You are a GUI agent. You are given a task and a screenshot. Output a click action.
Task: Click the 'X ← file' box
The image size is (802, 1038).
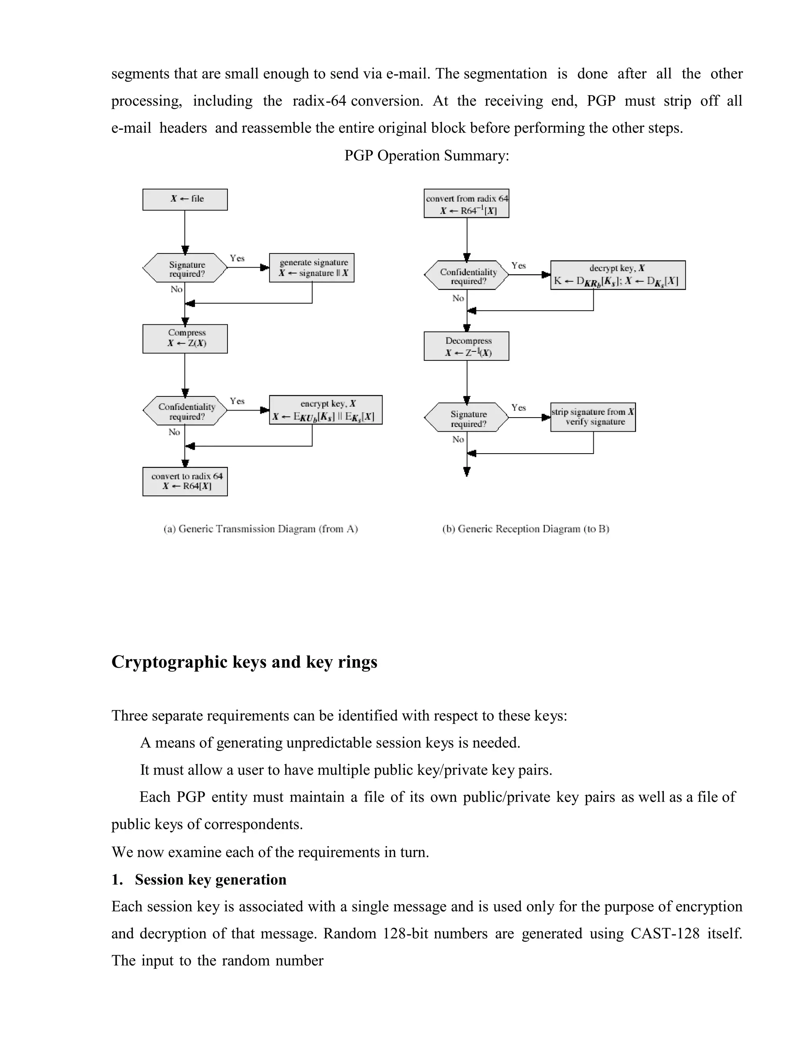[185, 199]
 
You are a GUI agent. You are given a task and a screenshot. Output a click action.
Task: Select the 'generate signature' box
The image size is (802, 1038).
[312, 268]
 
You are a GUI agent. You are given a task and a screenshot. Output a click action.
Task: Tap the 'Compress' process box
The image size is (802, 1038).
[185, 338]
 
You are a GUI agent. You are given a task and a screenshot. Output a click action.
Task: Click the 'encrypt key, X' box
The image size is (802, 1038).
[325, 410]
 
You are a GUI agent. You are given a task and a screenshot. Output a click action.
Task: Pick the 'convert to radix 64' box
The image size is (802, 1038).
[185, 481]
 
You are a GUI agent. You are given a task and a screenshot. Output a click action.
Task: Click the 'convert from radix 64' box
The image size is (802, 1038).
[466, 203]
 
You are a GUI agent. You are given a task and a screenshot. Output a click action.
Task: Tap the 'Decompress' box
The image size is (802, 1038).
[466, 346]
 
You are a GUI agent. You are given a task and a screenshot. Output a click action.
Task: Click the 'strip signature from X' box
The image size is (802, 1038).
[592, 417]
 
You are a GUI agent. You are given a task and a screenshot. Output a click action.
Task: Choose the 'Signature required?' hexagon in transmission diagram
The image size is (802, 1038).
[185, 268]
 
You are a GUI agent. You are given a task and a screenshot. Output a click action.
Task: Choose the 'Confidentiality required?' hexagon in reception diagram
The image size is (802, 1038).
[466, 275]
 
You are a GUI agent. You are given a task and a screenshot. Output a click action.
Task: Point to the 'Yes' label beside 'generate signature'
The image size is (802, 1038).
[237, 258]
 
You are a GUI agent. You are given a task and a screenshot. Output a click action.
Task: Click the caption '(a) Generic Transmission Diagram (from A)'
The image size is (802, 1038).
[260, 528]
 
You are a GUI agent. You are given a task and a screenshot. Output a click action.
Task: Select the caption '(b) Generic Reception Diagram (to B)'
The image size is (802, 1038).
[526, 528]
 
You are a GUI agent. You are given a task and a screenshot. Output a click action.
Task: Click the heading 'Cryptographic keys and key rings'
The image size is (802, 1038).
[244, 662]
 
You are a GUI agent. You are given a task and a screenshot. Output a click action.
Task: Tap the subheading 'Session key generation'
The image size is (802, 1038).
[210, 879]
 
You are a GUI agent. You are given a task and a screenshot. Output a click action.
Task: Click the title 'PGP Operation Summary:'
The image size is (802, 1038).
[426, 156]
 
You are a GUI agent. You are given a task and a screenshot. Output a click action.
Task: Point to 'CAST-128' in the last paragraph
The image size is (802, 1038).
[665, 933]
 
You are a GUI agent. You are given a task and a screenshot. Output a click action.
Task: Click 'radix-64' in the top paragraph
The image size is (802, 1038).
[319, 101]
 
